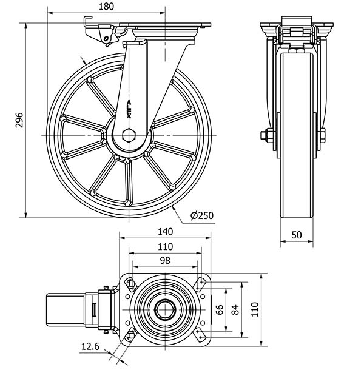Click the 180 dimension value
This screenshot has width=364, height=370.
pyautogui.click(x=106, y=7)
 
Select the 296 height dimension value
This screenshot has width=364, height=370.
pyautogui.click(x=19, y=120)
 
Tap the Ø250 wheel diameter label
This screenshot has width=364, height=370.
pyautogui.click(x=202, y=215)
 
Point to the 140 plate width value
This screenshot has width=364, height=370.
pyautogui.click(x=165, y=232)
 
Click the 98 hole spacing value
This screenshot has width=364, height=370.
pyautogui.click(x=165, y=260)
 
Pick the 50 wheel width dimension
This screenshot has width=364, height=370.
pyautogui.click(x=297, y=235)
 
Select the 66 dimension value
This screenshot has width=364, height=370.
pyautogui.click(x=220, y=309)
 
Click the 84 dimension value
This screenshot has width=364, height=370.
pyautogui.click(x=235, y=309)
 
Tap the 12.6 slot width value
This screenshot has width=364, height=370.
pyautogui.click(x=90, y=346)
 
